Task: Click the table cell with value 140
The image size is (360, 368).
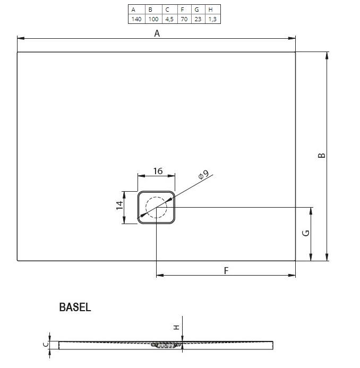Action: click(x=136, y=19)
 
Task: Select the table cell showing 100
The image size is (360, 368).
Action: click(x=153, y=19)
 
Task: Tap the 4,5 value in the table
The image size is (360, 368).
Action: click(x=169, y=19)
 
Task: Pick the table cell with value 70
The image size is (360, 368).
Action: click(x=184, y=19)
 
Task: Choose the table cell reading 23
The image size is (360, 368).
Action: click(x=198, y=19)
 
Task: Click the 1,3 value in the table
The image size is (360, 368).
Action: click(x=212, y=19)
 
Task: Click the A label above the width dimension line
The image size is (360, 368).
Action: click(x=157, y=33)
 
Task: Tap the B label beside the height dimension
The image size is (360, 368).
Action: click(x=322, y=156)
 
